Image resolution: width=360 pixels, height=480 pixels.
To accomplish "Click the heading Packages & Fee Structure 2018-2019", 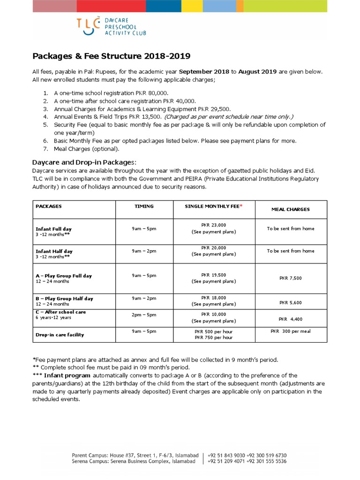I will point(111,56).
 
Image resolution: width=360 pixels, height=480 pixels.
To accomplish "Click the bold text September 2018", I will point(204,72).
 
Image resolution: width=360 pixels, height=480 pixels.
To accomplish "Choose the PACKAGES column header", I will point(49,206).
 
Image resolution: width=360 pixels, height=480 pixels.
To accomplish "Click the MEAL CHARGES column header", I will point(291,210).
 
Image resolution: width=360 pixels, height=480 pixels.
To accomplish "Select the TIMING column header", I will point(144,206).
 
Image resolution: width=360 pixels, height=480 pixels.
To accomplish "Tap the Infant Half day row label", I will point(54,251).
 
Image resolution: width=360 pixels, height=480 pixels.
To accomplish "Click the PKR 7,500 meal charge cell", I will point(291,278).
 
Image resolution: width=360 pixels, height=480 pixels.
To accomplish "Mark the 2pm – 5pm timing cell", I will point(144,315).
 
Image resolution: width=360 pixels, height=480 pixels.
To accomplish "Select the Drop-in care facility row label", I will point(60,335).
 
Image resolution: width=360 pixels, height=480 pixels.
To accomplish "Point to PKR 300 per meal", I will point(291,331).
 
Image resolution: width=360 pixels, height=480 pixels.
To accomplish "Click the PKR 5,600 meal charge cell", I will point(291,303).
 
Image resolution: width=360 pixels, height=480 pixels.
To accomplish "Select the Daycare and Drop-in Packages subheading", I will point(84,161).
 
